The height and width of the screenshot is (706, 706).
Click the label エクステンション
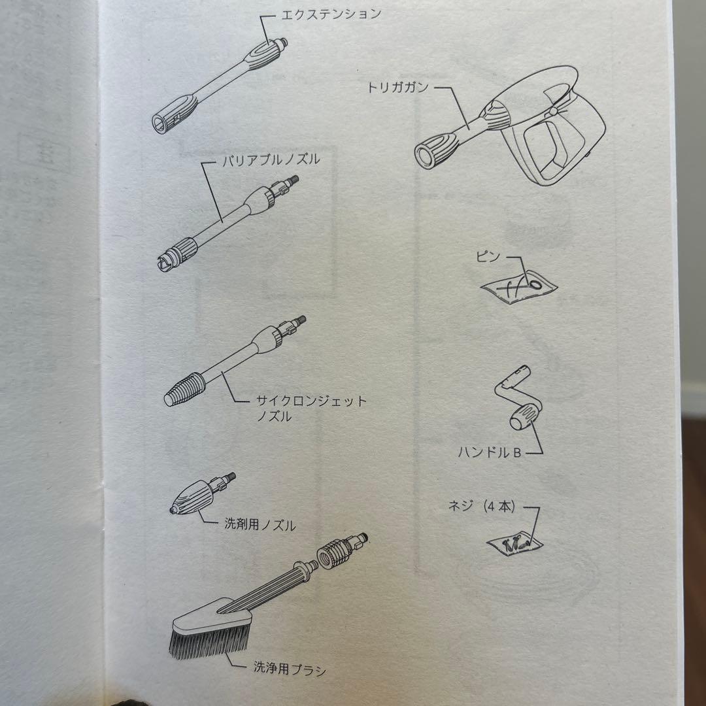point(331,14)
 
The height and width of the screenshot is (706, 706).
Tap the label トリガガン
point(398,87)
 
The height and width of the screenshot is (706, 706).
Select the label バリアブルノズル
point(271,160)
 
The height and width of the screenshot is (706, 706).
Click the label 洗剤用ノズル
point(260,524)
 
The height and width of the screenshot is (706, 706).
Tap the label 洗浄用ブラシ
point(290,669)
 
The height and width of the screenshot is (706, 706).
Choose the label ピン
point(488,257)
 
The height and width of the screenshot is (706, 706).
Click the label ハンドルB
point(490,452)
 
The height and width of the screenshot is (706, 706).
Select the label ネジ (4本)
point(481,507)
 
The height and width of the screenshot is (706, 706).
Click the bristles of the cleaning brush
point(209,640)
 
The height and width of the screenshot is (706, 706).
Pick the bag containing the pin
point(519,287)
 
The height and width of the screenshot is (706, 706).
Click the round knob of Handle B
point(525,416)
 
